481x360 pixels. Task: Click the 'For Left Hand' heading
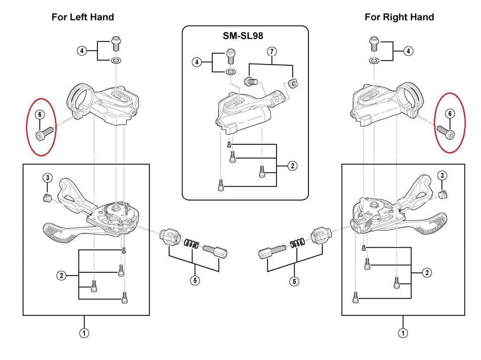tap(83, 17)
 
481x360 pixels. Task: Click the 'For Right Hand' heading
tap(399, 17)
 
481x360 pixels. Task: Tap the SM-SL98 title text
tap(243, 36)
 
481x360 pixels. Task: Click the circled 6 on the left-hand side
tap(40, 115)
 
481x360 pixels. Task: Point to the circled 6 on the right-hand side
tap(450, 113)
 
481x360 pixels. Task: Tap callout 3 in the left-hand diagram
tap(48, 178)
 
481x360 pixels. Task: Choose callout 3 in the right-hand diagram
tap(442, 175)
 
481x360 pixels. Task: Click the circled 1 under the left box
tap(85, 333)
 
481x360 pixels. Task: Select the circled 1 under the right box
tap(403, 333)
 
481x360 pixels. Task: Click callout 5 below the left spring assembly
tap(195, 280)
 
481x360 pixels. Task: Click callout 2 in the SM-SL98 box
tap(293, 166)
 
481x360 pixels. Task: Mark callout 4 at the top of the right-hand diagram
tap(408, 51)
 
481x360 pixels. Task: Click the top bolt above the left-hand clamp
tap(116, 43)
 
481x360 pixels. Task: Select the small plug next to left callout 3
tap(48, 198)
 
